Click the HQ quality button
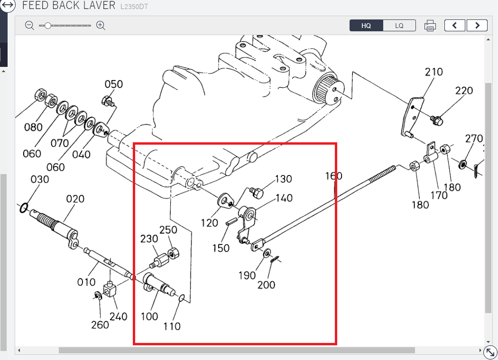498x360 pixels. click(366, 26)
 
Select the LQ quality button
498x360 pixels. click(399, 26)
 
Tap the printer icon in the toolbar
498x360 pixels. click(430, 26)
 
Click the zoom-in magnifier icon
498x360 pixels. click(101, 25)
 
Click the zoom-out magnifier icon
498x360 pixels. click(29, 25)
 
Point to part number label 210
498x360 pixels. click(433, 72)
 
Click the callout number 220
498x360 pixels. click(464, 91)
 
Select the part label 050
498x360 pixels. click(114, 84)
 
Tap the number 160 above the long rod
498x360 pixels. click(333, 176)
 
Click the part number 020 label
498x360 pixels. click(75, 199)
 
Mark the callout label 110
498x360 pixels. click(172, 326)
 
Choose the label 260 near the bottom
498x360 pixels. click(100, 325)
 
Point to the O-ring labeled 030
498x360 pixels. click(23, 208)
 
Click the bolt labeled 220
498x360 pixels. click(437, 120)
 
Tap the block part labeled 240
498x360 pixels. click(110, 289)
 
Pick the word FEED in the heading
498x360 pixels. click(37, 6)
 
